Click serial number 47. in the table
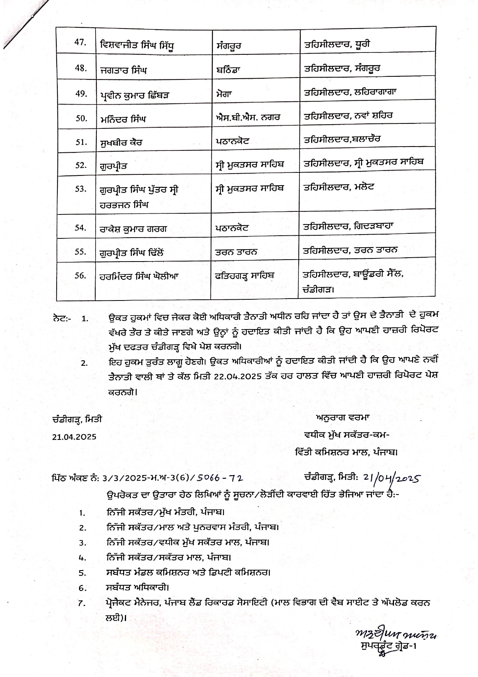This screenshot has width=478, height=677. (x=80, y=42)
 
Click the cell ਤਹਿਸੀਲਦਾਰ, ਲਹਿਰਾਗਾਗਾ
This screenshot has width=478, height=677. (x=350, y=92)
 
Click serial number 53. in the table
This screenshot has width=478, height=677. (x=80, y=189)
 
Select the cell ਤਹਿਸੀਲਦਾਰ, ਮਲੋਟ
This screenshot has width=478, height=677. (x=339, y=187)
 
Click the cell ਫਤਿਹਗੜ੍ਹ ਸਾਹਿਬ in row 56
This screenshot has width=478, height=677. (x=245, y=276)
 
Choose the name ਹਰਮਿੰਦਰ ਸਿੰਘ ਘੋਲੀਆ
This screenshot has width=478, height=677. (x=139, y=276)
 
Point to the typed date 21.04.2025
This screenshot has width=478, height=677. (x=74, y=437)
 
